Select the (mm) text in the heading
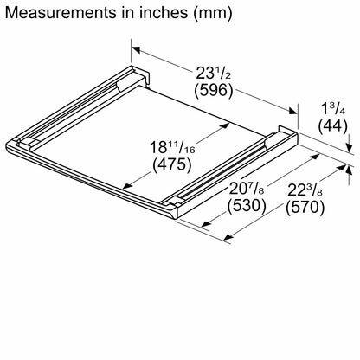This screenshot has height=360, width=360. (213, 13)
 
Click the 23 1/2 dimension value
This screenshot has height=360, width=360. (214, 74)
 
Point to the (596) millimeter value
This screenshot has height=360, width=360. (213, 90)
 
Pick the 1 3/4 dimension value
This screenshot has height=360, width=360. (333, 110)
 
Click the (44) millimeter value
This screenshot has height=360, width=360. (333, 126)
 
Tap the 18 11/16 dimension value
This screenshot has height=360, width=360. (172, 148)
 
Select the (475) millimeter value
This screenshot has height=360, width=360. (172, 164)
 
